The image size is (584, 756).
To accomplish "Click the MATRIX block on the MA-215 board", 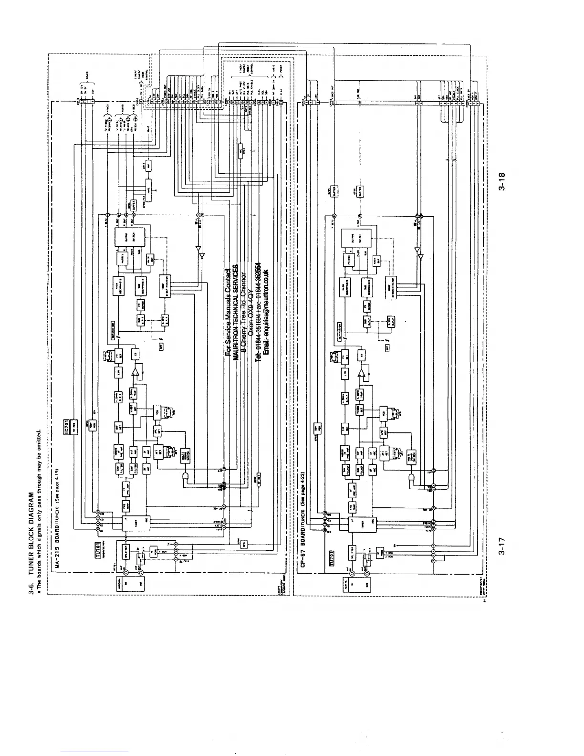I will click(120, 260).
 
